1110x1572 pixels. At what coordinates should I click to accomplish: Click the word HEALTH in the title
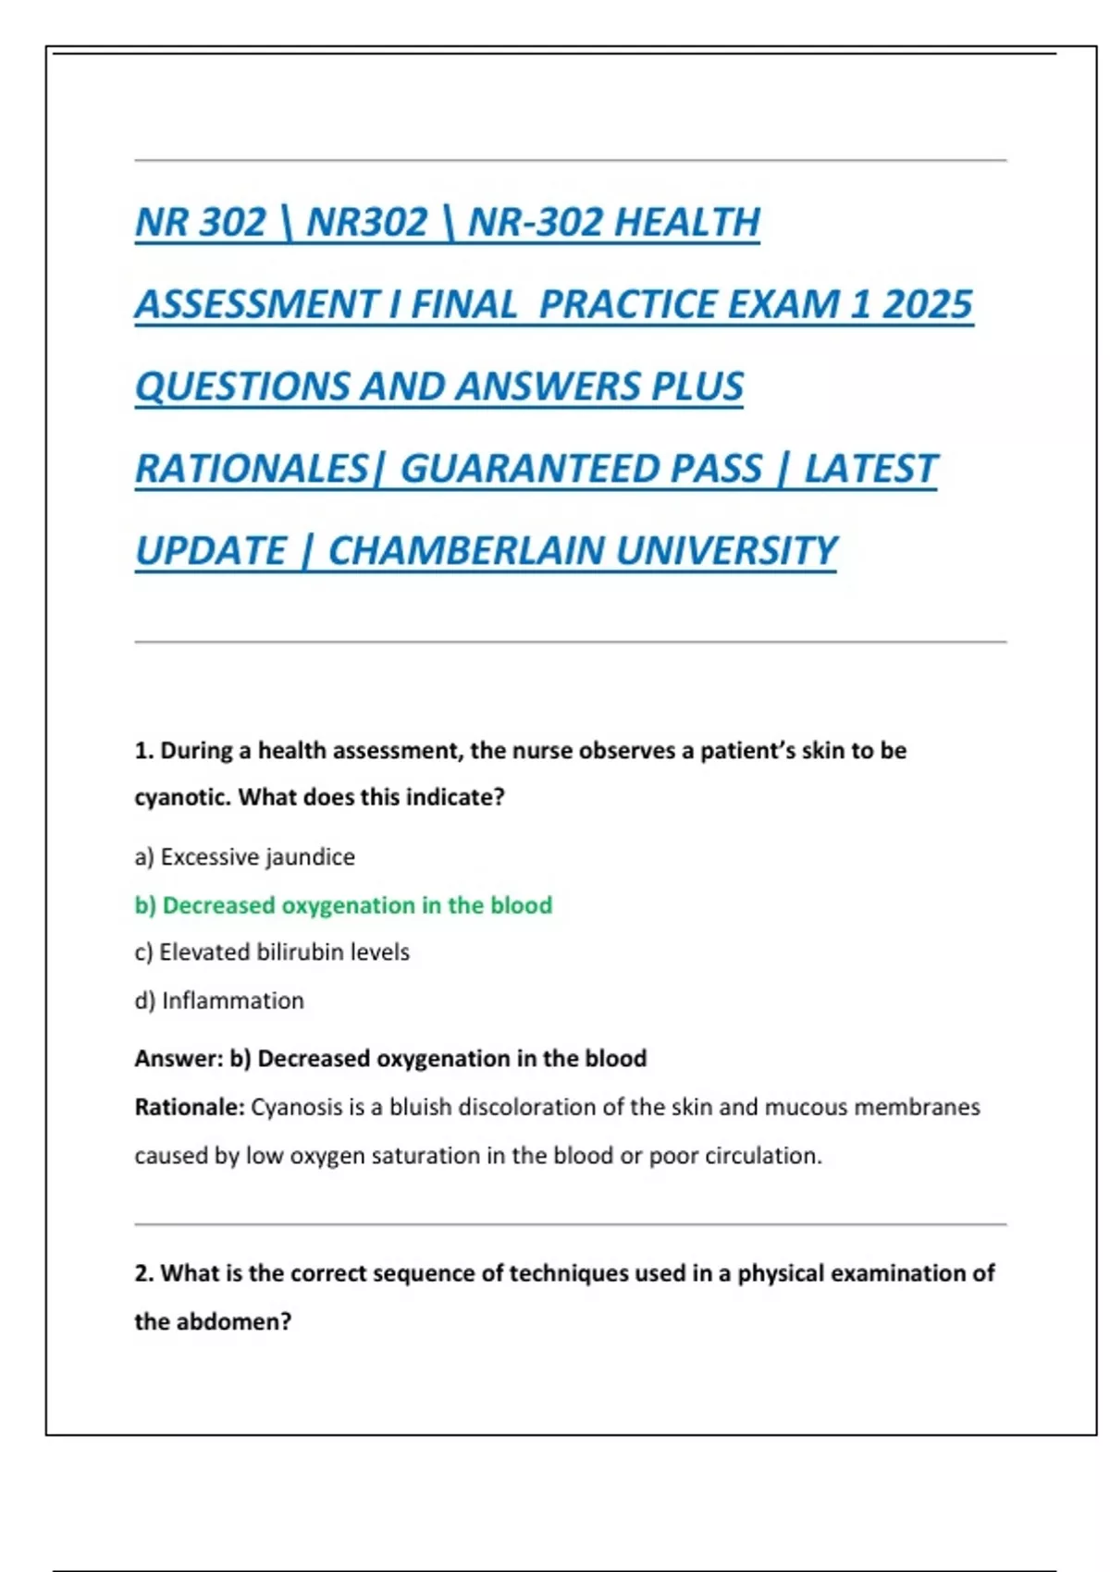687,223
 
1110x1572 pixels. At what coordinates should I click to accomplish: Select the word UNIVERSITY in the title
726,551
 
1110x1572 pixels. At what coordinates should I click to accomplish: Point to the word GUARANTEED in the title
581,469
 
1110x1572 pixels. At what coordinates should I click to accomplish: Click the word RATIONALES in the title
252,469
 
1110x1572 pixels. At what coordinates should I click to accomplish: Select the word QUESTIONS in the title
242,387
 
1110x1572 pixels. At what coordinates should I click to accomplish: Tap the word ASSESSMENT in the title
256,305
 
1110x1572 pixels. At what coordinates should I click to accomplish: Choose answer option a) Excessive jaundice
244,857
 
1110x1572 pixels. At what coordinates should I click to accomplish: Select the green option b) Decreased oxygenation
343,905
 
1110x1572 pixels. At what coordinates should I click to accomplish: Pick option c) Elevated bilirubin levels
271,952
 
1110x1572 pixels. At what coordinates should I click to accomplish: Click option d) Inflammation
219,1001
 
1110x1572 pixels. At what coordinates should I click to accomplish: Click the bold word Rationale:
189,1107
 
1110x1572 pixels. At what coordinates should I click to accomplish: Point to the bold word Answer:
179,1059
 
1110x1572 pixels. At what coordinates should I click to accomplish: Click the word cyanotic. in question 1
182,797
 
